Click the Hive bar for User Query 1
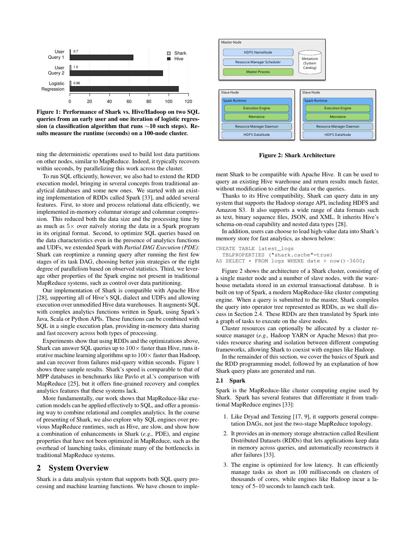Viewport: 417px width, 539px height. point(102,57)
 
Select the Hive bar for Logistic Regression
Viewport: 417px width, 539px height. point(124,89)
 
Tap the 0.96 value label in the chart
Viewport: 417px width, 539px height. point(76,83)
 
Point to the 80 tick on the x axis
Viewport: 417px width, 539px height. point(149,101)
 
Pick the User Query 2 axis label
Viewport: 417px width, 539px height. point(56,70)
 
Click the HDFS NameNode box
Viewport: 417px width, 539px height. point(258,52)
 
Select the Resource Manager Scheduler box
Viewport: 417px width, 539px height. point(258,62)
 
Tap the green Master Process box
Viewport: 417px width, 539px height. point(258,72)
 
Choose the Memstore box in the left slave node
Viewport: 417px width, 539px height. point(256,117)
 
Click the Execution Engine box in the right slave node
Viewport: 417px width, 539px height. point(338,108)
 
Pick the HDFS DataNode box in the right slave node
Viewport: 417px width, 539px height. point(338,135)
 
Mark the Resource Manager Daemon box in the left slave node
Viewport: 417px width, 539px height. point(256,127)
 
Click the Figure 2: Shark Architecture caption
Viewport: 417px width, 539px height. point(297,155)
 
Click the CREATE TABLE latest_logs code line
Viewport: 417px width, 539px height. point(254,249)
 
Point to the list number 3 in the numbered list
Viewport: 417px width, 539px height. point(226,465)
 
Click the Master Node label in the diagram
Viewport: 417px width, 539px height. point(231,42)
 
